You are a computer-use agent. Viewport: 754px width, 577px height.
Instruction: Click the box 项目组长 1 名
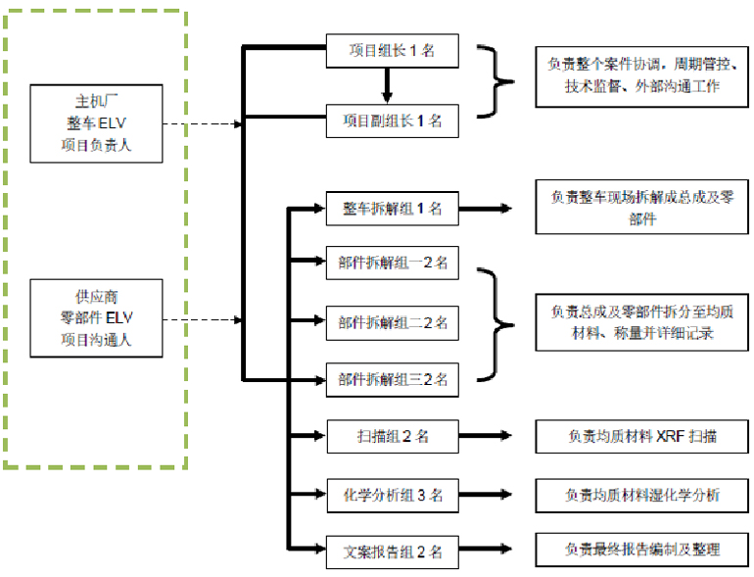click(392, 51)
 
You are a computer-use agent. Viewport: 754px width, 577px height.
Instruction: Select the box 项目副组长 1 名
click(392, 121)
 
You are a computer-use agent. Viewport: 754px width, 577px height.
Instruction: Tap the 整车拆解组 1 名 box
click(392, 209)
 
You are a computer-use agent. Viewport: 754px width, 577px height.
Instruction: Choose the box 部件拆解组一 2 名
click(392, 263)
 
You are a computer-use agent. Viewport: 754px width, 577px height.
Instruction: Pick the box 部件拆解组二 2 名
click(392, 321)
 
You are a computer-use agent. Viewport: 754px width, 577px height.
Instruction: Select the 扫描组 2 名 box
click(392, 436)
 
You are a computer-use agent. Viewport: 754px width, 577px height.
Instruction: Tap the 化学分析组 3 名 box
click(392, 495)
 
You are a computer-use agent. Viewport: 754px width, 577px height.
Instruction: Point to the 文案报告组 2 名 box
click(392, 552)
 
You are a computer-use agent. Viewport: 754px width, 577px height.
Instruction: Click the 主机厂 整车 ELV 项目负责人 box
click(95, 124)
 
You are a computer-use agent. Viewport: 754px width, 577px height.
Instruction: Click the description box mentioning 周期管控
click(641, 76)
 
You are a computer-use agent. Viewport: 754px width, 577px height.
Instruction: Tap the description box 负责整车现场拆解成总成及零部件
click(641, 208)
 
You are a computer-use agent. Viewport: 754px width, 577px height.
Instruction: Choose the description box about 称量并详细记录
click(641, 322)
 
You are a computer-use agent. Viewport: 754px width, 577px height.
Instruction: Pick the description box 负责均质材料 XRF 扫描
click(641, 436)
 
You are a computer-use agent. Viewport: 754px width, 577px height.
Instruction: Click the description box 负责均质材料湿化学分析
click(641, 495)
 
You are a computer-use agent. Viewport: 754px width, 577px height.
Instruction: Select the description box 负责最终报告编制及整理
click(641, 549)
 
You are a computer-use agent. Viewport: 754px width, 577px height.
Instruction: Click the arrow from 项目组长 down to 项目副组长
click(388, 86)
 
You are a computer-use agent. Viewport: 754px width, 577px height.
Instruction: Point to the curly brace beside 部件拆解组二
click(500, 322)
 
